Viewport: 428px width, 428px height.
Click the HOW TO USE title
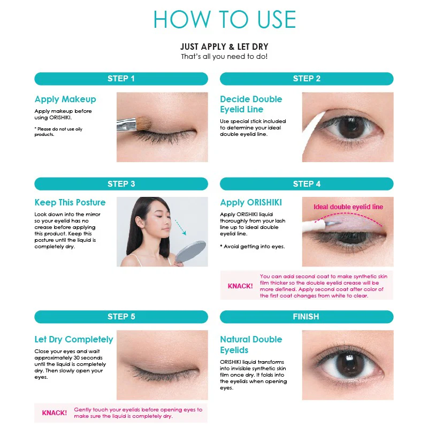(x=225, y=19)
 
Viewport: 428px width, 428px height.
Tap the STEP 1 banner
(x=121, y=79)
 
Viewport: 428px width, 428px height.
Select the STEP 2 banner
(x=307, y=79)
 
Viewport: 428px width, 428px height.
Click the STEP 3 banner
(x=121, y=184)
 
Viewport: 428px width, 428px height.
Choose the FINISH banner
(x=307, y=317)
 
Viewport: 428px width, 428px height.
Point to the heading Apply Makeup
(x=65, y=100)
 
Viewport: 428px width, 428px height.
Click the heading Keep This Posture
(x=70, y=203)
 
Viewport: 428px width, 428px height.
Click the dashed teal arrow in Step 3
(x=180, y=227)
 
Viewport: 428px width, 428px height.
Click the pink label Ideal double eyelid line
(x=348, y=207)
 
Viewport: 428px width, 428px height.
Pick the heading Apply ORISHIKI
(x=251, y=203)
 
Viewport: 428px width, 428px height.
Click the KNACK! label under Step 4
(x=240, y=286)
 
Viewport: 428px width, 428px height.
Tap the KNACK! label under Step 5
(x=55, y=412)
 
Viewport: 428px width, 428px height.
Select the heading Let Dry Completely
(x=74, y=339)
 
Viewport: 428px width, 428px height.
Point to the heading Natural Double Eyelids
(x=251, y=345)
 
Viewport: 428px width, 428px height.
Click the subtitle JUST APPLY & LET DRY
(x=224, y=47)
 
